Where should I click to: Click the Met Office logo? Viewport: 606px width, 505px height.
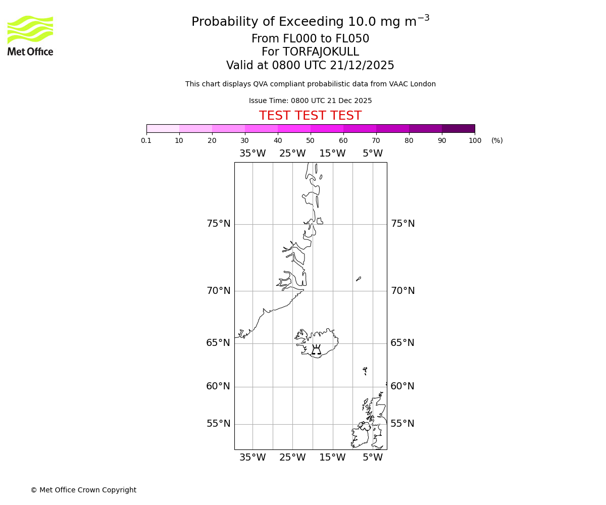(x=30, y=35)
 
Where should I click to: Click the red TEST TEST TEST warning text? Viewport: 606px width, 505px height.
(x=310, y=116)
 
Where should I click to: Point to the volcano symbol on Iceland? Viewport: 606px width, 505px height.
(x=316, y=349)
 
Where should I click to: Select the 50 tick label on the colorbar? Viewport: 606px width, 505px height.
(x=310, y=141)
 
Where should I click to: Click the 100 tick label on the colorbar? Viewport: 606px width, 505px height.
(x=475, y=141)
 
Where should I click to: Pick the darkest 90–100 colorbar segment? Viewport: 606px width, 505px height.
(x=458, y=128)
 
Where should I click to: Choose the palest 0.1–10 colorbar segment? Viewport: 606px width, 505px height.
(x=163, y=128)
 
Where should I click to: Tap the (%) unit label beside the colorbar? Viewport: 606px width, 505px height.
(x=497, y=141)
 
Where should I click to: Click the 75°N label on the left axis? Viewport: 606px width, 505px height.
(x=218, y=224)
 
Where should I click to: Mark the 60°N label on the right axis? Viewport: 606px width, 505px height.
(x=402, y=386)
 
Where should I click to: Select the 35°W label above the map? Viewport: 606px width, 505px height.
(x=252, y=154)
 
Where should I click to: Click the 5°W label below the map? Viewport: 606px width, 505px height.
(x=373, y=458)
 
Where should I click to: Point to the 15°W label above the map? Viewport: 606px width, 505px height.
(x=332, y=154)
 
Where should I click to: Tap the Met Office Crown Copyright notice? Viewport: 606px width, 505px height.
(x=83, y=490)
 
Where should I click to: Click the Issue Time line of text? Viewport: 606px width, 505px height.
(x=310, y=100)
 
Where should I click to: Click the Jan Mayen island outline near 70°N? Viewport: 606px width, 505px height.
(x=359, y=278)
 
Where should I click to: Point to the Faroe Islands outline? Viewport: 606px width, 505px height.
(x=365, y=371)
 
